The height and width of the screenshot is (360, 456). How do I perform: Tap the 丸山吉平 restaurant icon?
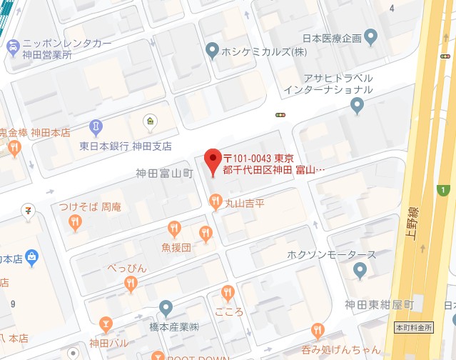coord(215,201)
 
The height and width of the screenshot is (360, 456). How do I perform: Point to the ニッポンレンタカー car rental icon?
coord(12,47)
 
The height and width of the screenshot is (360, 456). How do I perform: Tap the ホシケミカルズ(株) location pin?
coord(211,50)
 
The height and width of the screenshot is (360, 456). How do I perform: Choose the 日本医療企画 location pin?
coord(370,36)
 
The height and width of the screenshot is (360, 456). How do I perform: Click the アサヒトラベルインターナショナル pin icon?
coord(358,106)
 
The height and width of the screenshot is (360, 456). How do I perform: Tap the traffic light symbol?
coord(280,114)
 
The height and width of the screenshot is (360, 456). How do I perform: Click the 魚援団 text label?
coord(176,248)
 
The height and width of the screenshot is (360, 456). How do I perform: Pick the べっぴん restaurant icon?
coord(131,284)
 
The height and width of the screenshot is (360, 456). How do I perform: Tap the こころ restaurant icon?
coord(228,292)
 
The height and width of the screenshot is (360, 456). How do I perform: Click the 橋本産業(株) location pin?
coord(166,309)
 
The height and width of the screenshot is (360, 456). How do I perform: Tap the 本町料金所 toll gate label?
coord(413,327)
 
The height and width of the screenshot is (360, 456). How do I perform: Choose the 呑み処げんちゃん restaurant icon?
coord(318,331)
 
